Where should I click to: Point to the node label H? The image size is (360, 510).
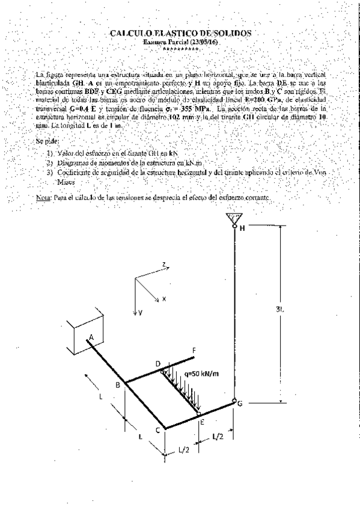[243, 229]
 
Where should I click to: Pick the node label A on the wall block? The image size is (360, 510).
[91, 338]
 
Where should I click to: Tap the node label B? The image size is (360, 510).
[118, 384]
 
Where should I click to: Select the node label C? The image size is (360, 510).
[157, 430]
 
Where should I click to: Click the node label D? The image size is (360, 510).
[157, 364]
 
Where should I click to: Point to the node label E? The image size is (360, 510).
[202, 422]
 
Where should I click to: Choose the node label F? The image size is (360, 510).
[193, 349]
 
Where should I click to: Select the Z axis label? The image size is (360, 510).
[163, 264]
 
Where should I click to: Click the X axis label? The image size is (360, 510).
[163, 298]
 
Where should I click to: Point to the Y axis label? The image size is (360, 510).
[139, 313]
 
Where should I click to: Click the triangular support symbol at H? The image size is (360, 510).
[232, 218]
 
